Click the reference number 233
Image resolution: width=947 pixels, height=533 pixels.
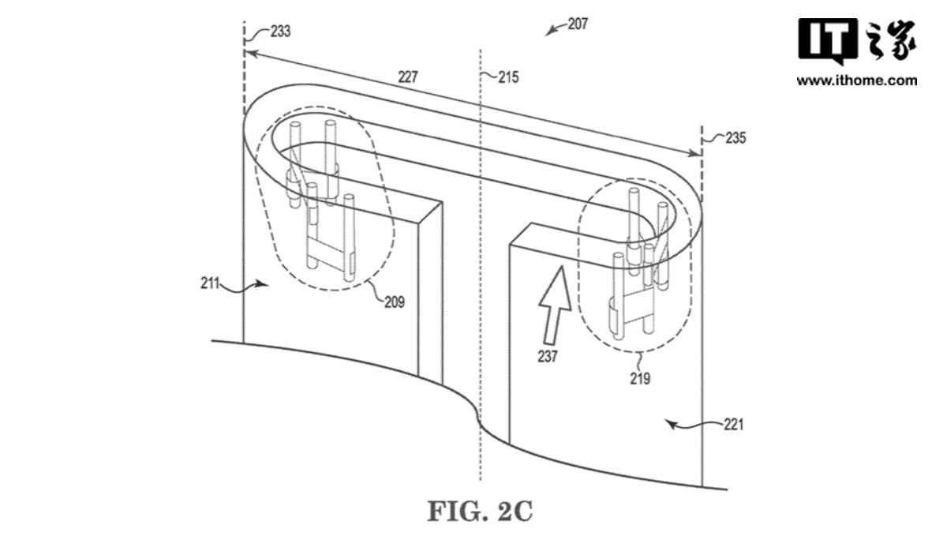point(279,32)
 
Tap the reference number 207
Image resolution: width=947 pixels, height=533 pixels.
point(578,24)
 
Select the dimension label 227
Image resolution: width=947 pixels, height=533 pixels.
point(408,77)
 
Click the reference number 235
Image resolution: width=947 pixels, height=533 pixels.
point(735,137)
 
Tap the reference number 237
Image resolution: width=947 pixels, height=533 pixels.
point(547,356)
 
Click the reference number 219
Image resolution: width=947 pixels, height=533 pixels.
point(640,379)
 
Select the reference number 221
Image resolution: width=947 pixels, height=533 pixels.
point(733,425)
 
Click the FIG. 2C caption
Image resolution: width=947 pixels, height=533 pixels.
point(480,511)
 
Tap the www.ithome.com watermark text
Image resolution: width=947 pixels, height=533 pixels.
point(856,81)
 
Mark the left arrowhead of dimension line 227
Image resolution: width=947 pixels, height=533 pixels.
point(249,52)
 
